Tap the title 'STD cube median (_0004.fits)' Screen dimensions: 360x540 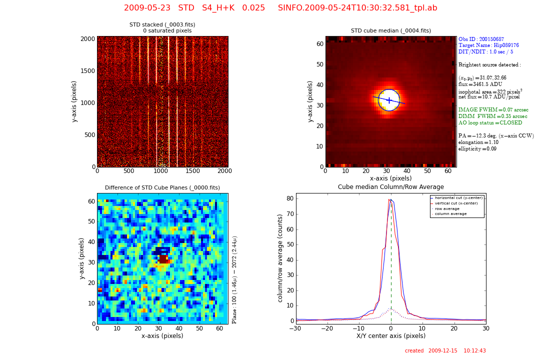click(x=390, y=30)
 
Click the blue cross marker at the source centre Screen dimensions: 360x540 click(x=388, y=100)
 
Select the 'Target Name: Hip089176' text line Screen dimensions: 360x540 click(x=488, y=45)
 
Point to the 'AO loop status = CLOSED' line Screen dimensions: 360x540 click(x=490, y=123)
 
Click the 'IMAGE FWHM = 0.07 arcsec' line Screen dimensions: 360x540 click(x=493, y=110)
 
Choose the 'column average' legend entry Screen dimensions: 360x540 click(x=450, y=214)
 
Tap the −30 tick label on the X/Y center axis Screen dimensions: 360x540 click(x=296, y=328)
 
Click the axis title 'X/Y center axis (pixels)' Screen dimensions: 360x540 click(x=390, y=336)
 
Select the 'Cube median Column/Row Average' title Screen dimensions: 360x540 click(x=390, y=187)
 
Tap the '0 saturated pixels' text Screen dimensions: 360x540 click(x=167, y=31)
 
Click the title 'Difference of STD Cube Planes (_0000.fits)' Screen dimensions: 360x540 click(x=162, y=188)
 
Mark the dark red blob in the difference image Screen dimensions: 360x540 click(x=163, y=259)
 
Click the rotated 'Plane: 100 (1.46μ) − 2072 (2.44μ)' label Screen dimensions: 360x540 click(x=234, y=279)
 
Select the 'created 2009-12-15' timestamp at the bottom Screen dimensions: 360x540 click(x=445, y=351)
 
